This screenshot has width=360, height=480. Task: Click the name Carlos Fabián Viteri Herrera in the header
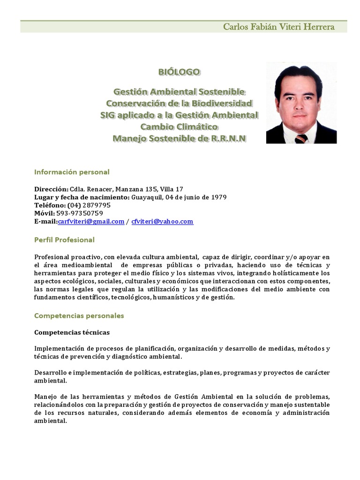(278, 27)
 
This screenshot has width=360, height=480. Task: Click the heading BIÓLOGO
(179, 72)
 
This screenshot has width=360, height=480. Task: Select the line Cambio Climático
(179, 127)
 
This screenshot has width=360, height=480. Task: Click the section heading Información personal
(72, 172)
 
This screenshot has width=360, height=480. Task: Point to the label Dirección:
(52, 189)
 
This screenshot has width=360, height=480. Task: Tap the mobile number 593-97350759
(80, 213)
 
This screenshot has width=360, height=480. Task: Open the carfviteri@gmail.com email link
(91, 221)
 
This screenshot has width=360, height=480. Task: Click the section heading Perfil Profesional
(64, 240)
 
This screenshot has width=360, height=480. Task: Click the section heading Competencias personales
(79, 316)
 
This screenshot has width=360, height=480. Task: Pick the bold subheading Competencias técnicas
(72, 332)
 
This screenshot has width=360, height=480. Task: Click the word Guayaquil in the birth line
(145, 197)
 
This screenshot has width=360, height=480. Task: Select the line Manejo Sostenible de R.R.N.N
(179, 138)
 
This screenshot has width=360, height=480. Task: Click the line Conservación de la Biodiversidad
(179, 103)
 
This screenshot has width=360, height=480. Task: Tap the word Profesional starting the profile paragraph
(52, 257)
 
